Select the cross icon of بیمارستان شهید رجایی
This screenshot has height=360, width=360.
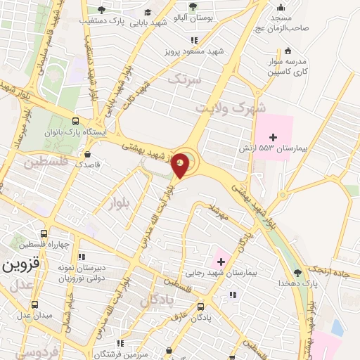click(221, 261)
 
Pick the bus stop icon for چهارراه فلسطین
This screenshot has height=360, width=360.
click(44, 233)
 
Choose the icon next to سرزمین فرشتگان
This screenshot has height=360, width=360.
click(120, 343)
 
